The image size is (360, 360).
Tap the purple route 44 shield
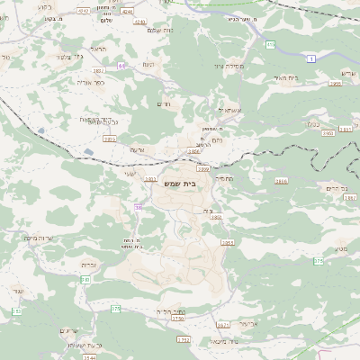click(121, 66)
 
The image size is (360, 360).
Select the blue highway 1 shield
click(311, 58)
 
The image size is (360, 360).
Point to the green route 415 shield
click(270, 43)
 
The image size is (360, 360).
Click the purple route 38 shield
click(139, 207)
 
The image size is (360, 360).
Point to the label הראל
click(97, 49)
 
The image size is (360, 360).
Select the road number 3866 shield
click(282, 181)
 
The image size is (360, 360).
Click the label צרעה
click(138, 148)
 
